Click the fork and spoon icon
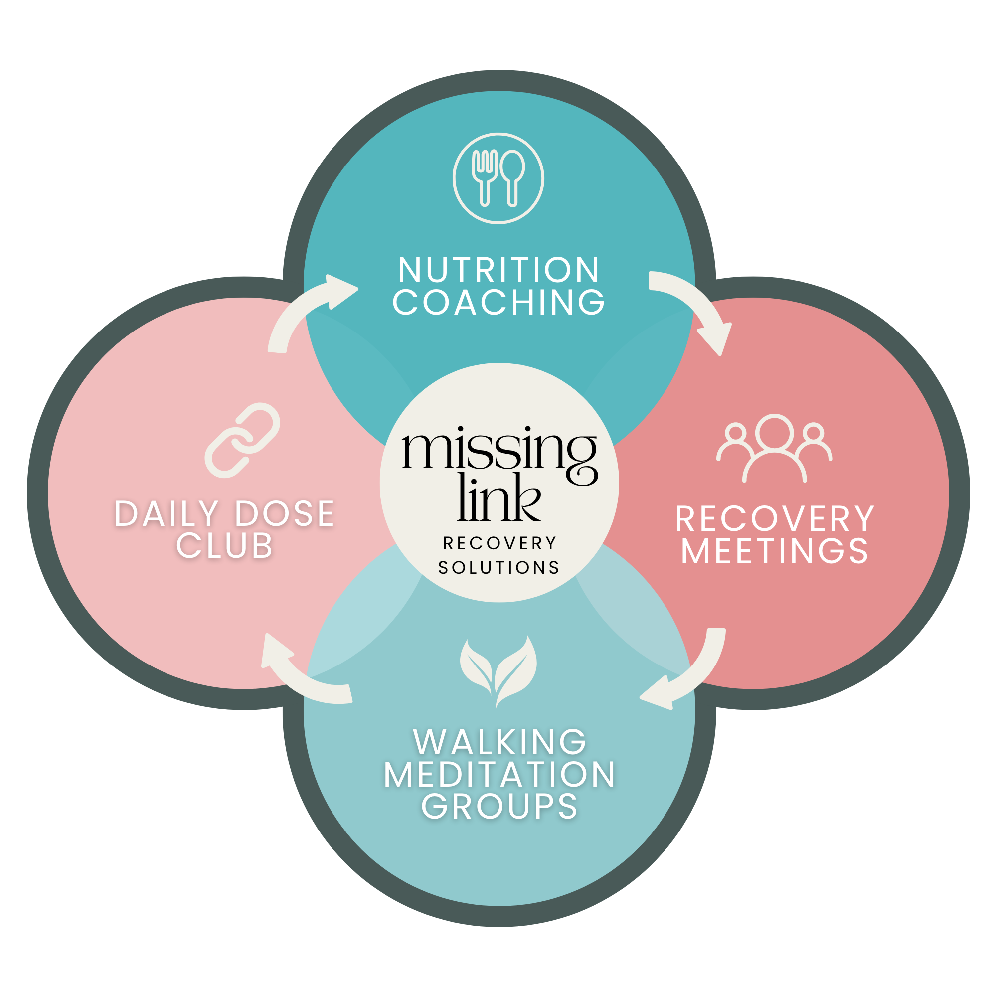498,178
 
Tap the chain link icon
242,440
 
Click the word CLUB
224,545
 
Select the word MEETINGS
775,551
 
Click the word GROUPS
499,806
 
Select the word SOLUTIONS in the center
498,568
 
